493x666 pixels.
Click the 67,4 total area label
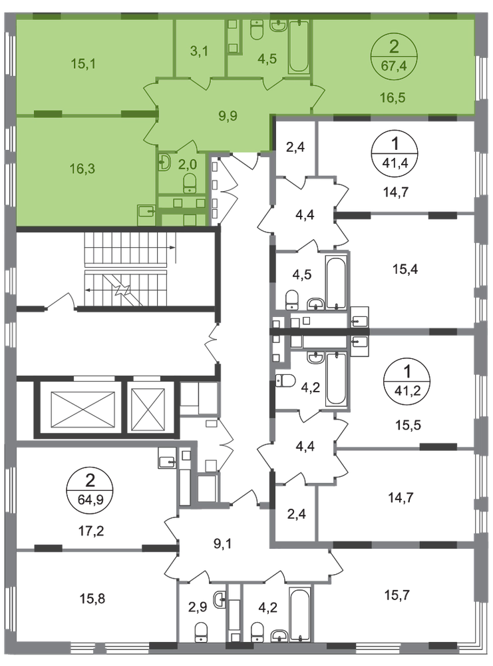coord(394,66)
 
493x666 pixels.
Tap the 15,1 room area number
coord(83,64)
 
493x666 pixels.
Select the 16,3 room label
coord(82,168)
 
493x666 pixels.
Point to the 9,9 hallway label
coord(228,115)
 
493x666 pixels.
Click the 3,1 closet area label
coord(199,51)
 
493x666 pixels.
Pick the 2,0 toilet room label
coord(187,164)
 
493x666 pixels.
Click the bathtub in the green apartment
coord(299,47)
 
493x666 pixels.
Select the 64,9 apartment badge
coord(90,490)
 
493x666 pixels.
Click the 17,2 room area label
coord(92,531)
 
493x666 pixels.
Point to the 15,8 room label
coord(92,599)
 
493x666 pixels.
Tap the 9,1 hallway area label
coord(222,543)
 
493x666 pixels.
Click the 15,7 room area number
coord(397,595)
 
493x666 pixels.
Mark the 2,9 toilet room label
coord(198,607)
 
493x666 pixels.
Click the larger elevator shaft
coord(82,409)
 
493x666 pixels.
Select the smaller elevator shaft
coord(148,410)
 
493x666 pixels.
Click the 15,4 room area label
coord(405,269)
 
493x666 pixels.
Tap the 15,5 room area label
coord(408,425)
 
